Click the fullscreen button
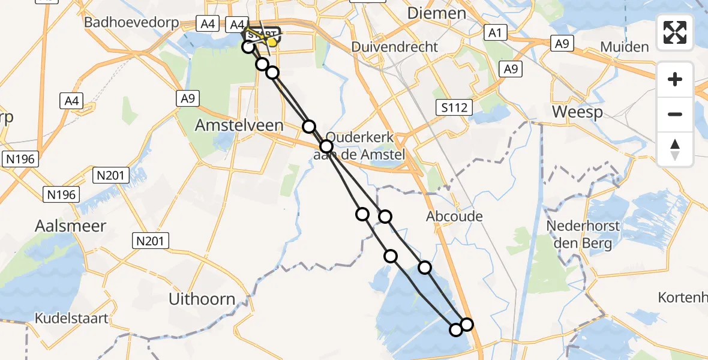pyautogui.click(x=675, y=32)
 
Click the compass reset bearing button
pyautogui.click(x=675, y=149)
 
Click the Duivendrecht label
pyautogui.click(x=394, y=47)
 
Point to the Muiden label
pyautogui.click(x=625, y=47)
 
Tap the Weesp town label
pyautogui.click(x=577, y=112)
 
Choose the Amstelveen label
pyautogui.click(x=230, y=125)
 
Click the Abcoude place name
pyautogui.click(x=454, y=216)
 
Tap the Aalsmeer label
pyautogui.click(x=70, y=226)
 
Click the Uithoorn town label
pyautogui.click(x=202, y=299)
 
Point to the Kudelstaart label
pyautogui.click(x=72, y=318)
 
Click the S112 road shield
pyautogui.click(x=455, y=108)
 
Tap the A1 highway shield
pyautogui.click(x=494, y=33)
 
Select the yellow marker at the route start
pyautogui.click(x=272, y=41)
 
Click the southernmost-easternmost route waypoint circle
pyautogui.click(x=466, y=325)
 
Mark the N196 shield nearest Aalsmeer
pyautogui.click(x=62, y=194)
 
